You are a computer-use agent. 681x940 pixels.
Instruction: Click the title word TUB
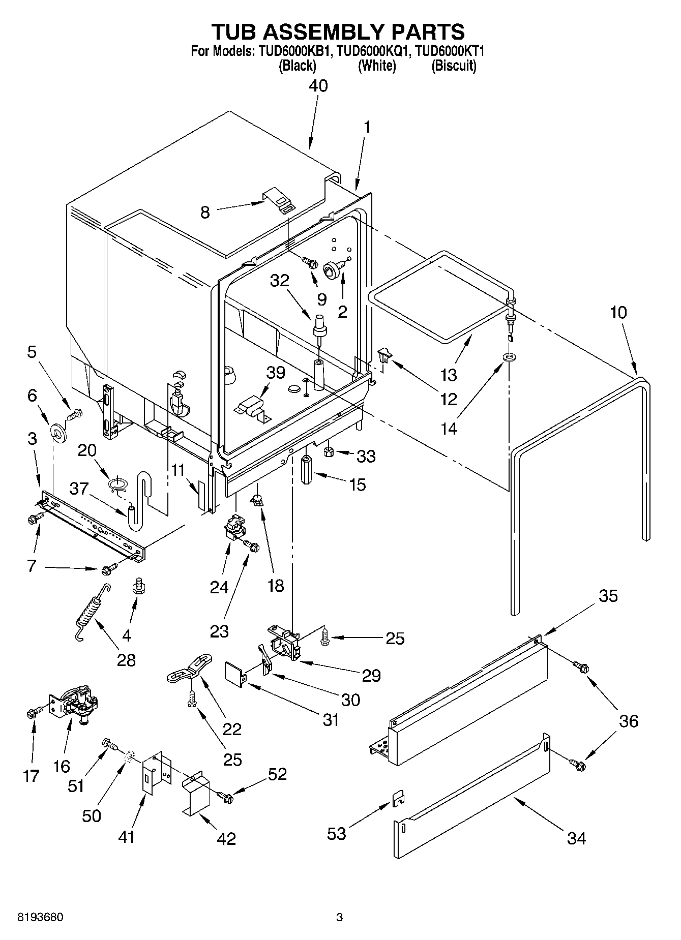pos(237,32)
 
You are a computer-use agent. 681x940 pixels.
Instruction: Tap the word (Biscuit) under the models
pos(454,66)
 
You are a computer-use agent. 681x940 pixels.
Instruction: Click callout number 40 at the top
pos(318,85)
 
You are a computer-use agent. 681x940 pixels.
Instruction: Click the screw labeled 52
pos(225,798)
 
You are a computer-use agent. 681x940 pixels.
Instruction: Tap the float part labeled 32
pos(320,325)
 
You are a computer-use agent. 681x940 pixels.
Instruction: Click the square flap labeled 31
pos(233,673)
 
